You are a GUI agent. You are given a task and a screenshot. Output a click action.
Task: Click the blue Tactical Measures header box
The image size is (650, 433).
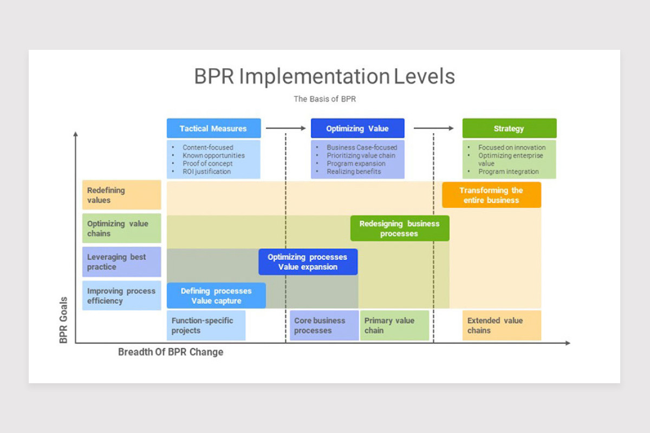[213, 128]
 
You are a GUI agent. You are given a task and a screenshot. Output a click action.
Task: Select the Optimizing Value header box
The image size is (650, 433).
[357, 128]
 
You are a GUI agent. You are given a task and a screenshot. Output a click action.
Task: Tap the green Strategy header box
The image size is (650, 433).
[509, 128]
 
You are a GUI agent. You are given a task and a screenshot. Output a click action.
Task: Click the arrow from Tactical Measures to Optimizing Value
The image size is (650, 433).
[286, 128]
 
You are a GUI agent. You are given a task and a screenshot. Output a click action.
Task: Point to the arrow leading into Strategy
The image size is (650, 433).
[434, 128]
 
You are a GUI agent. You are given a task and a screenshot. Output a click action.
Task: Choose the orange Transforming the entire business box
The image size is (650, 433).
[491, 195]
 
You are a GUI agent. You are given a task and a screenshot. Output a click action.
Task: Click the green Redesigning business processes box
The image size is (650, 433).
[400, 228]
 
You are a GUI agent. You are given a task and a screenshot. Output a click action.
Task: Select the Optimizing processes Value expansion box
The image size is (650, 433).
[308, 262]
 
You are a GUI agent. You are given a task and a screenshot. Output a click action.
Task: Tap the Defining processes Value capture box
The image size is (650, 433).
[216, 296]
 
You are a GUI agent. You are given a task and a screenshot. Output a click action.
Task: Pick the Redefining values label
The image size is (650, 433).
[121, 195]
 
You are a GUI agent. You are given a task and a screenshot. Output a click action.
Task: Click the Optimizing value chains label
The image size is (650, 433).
[121, 228]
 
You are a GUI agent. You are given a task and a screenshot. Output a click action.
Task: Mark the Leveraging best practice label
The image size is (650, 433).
[121, 262]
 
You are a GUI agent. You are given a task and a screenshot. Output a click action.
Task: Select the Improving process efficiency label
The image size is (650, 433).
[121, 296]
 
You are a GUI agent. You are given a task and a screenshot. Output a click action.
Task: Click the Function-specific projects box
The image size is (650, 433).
[206, 325]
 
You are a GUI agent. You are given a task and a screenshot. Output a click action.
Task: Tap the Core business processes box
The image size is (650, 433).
[324, 325]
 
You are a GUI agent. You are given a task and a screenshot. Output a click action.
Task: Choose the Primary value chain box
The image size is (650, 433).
[394, 325]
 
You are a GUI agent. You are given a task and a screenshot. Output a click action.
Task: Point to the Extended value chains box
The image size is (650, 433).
[502, 325]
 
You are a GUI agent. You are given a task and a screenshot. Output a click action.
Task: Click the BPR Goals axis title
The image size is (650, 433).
[63, 320]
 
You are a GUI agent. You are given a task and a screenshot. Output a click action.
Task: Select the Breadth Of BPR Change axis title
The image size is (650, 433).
[171, 352]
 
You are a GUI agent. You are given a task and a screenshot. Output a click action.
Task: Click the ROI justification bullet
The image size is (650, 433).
[206, 172]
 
